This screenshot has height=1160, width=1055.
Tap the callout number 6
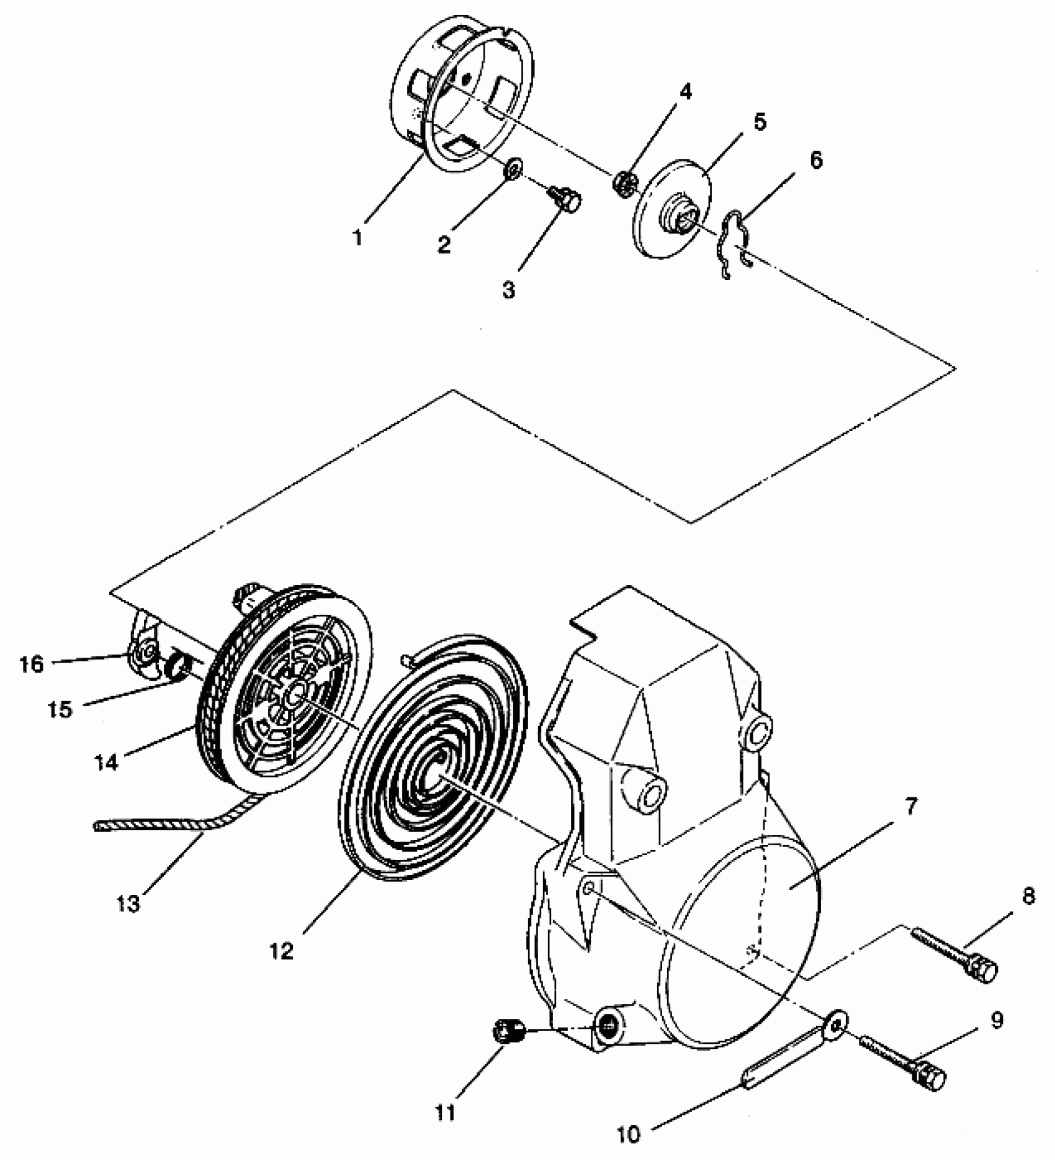point(816,160)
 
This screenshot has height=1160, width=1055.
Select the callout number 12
point(281,951)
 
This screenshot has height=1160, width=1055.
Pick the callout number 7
point(910,808)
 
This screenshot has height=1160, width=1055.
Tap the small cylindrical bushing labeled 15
point(176,669)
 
